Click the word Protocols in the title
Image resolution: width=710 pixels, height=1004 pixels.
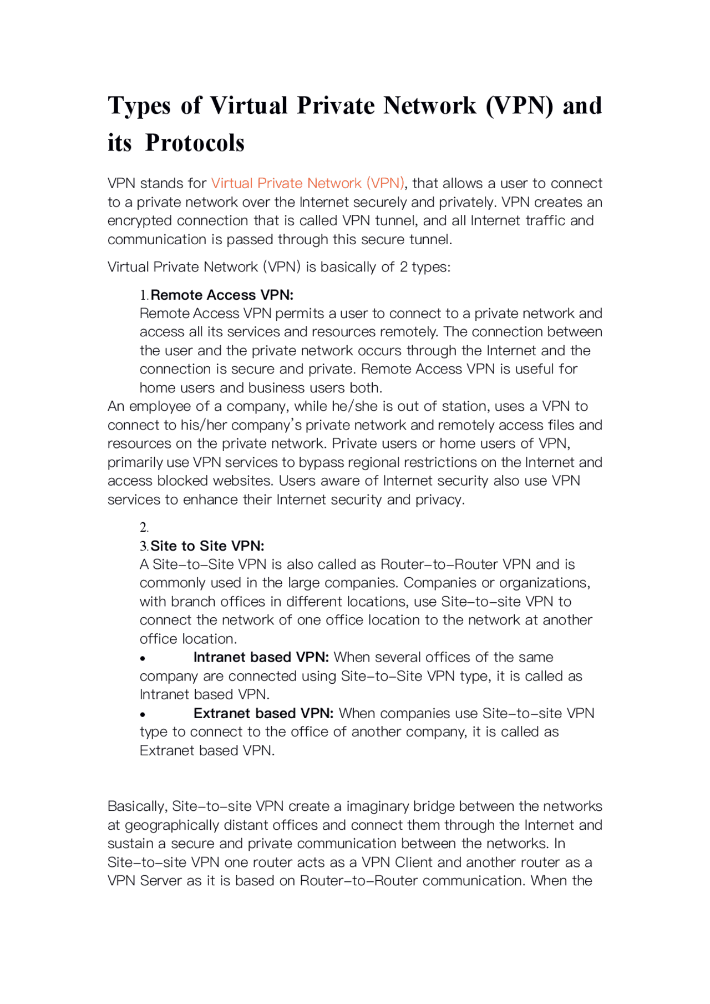tap(195, 143)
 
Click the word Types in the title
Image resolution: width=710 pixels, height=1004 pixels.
tap(139, 106)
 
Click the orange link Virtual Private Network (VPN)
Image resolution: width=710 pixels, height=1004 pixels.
tap(307, 183)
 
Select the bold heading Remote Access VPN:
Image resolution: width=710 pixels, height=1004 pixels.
tap(222, 295)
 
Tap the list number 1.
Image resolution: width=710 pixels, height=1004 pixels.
tap(144, 295)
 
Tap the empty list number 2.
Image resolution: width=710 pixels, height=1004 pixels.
tap(144, 527)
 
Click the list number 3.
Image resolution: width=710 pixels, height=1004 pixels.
tap(144, 546)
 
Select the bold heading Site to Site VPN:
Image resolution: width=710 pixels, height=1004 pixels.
tap(207, 546)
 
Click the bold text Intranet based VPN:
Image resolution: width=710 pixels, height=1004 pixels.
tap(261, 657)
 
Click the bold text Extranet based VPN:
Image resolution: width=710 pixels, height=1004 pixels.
tap(263, 713)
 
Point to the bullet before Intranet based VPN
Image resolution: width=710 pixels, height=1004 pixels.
tap(143, 659)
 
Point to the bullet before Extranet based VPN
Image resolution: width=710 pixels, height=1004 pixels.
tap(143, 715)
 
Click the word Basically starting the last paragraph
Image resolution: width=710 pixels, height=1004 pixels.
tap(137, 806)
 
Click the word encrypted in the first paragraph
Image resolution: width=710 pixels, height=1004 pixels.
tap(140, 221)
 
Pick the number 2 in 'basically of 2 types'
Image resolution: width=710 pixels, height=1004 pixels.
tap(403, 267)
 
